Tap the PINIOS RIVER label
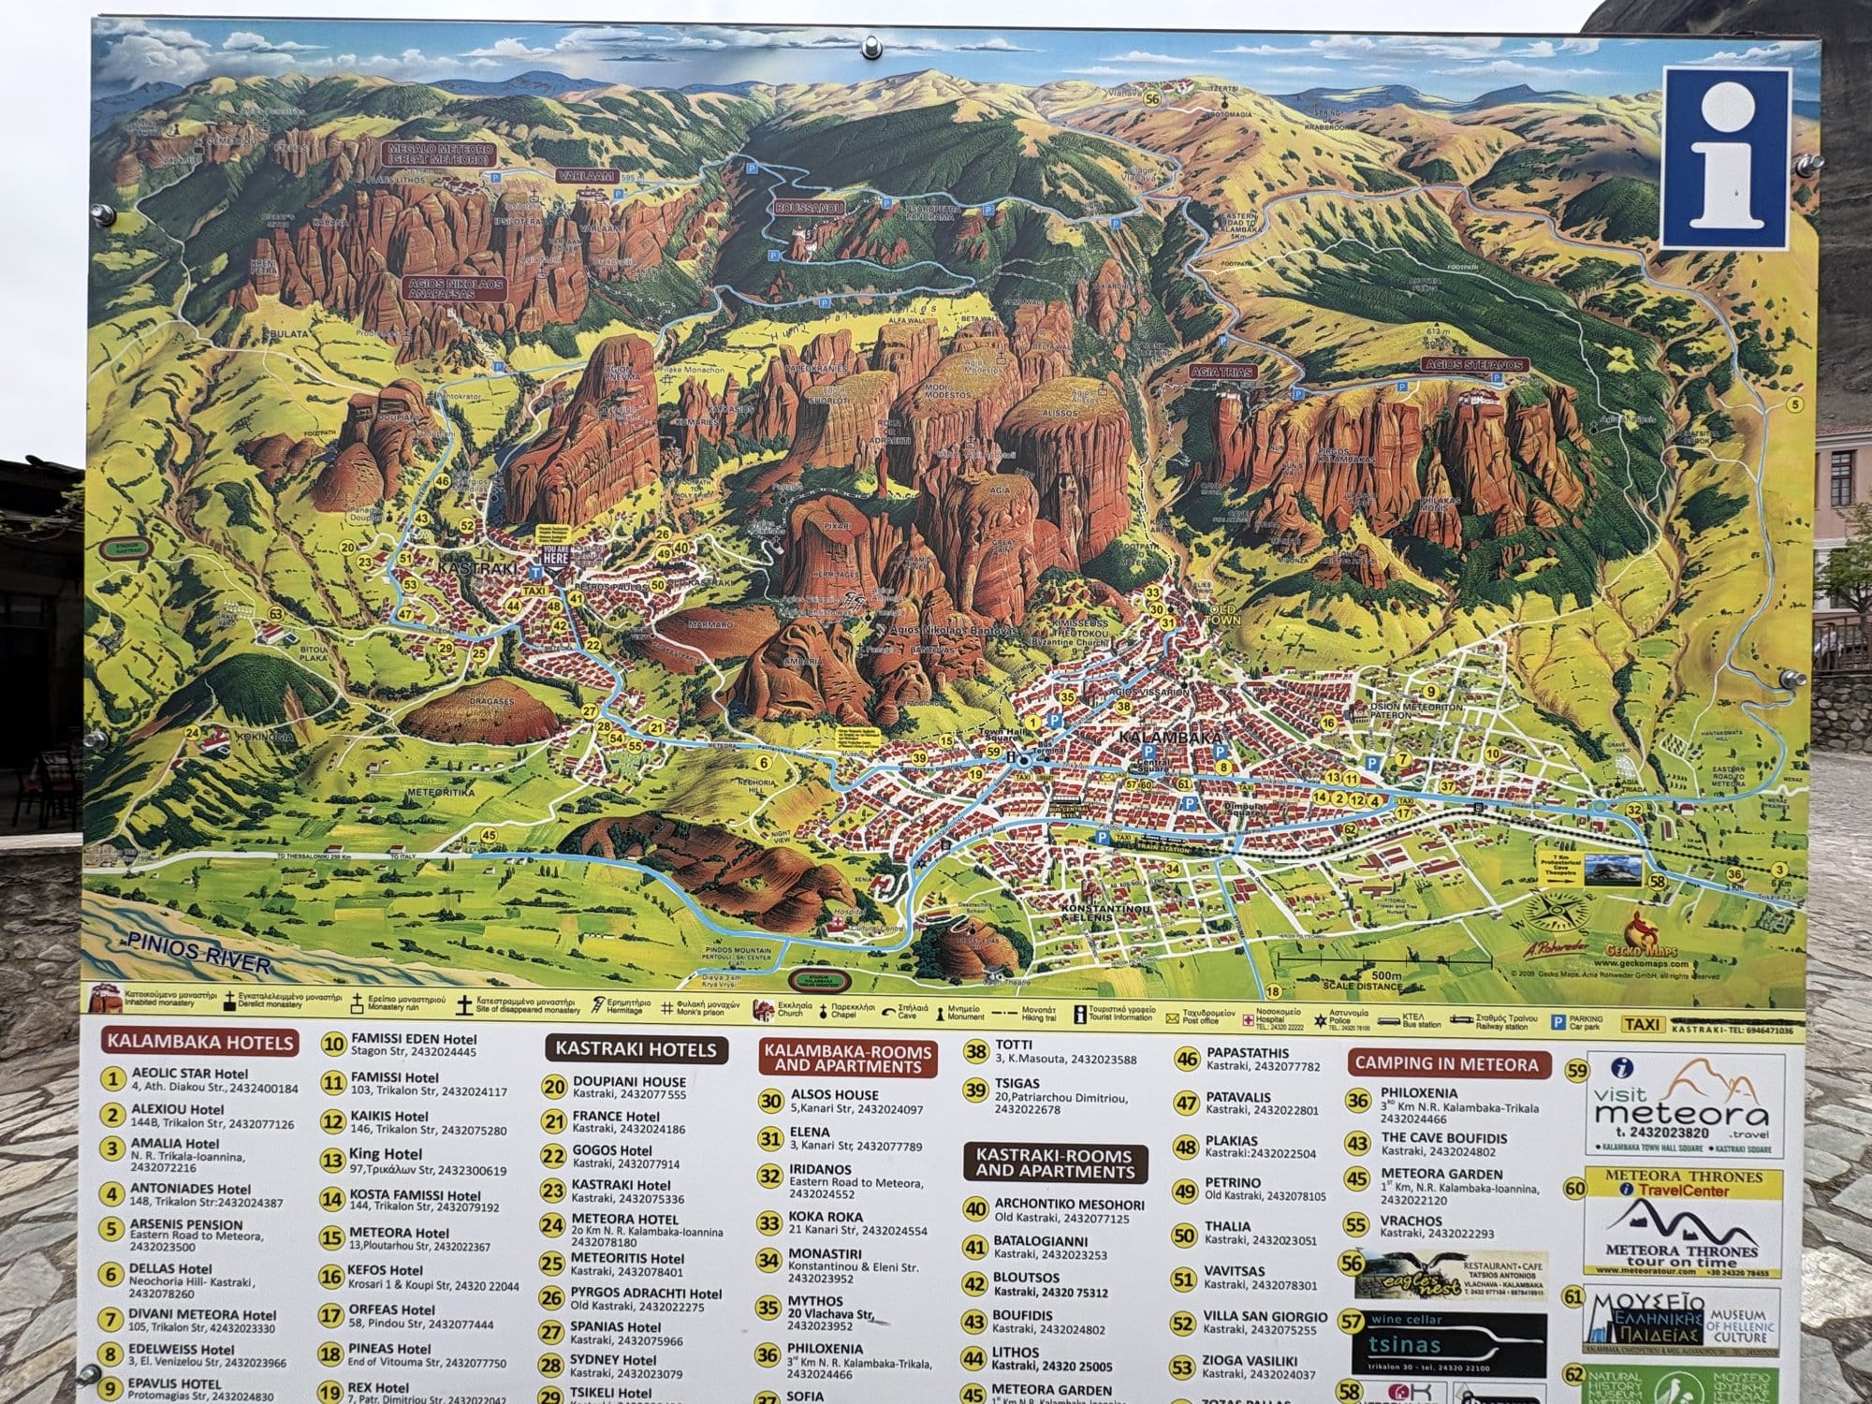point(199,952)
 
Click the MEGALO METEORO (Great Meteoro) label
point(439,154)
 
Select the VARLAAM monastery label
point(583,176)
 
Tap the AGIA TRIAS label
point(1221,372)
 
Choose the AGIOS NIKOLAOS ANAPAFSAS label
point(455,288)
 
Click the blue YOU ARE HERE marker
point(555,554)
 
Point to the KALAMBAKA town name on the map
point(1170,739)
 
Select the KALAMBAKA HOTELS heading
point(199,1042)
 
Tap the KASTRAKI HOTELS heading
point(636,1049)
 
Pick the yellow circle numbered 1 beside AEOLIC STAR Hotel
point(113,1079)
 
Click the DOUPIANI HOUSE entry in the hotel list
point(629,1081)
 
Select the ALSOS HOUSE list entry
point(834,1094)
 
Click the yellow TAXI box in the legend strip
point(1643,1024)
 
